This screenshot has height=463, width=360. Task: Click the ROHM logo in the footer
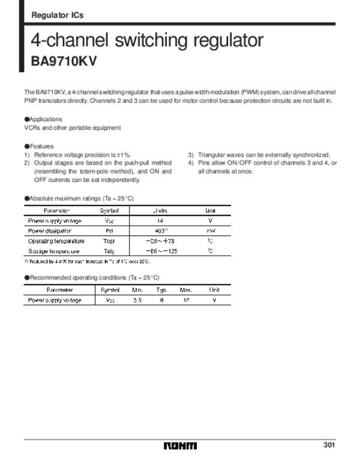click(x=179, y=446)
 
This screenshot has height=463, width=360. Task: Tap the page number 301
click(x=329, y=445)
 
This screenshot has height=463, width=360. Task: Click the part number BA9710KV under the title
click(x=64, y=61)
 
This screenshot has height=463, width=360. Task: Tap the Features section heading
click(x=40, y=147)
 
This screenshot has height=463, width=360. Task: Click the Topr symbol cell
click(x=109, y=241)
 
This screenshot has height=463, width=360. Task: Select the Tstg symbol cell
click(x=109, y=251)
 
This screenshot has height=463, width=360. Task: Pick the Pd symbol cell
click(x=109, y=231)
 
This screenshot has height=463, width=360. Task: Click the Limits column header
click(x=159, y=211)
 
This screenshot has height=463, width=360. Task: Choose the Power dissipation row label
click(x=50, y=231)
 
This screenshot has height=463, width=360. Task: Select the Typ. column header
click(x=161, y=290)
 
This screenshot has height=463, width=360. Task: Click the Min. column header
click(x=137, y=290)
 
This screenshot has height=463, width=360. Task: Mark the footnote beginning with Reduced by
click(x=87, y=262)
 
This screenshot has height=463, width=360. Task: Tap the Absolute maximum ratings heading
click(x=80, y=198)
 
